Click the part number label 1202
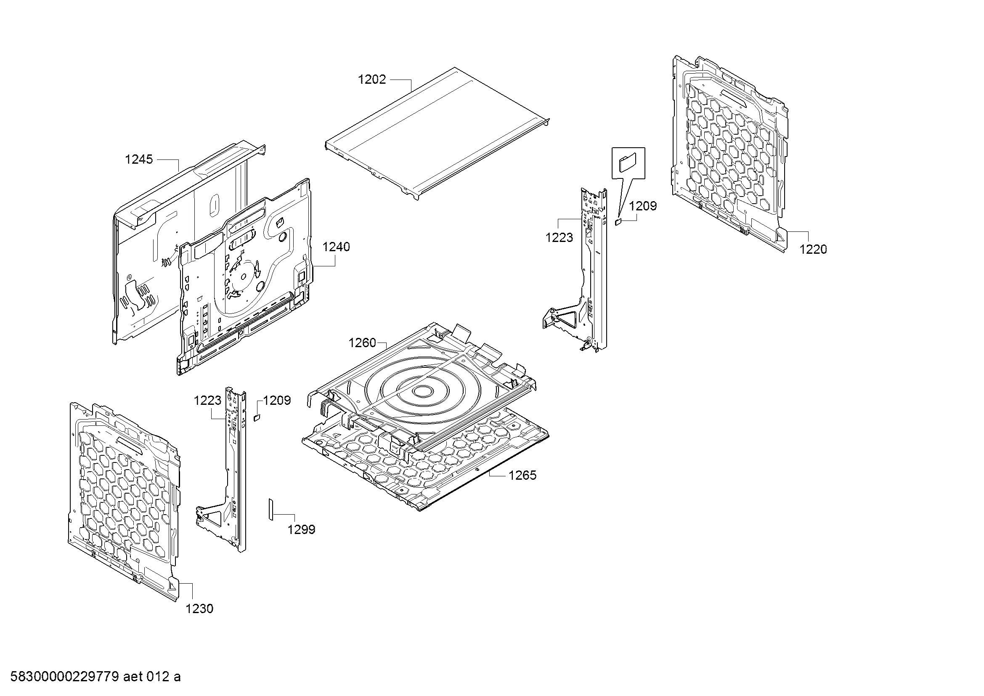tap(372, 80)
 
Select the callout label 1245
tap(139, 159)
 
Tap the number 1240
tap(336, 247)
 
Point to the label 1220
tap(813, 250)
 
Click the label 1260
tap(362, 343)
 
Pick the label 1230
tap(199, 608)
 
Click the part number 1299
tap(301, 530)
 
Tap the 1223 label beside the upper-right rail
tap(559, 237)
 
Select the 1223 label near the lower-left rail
tap(207, 401)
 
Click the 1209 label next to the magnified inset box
tap(643, 206)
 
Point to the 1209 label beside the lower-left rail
tap(277, 401)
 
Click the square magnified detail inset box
tap(628, 163)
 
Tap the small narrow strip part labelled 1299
tap(271, 509)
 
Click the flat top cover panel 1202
tap(437, 133)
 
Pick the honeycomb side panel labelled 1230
tap(125, 502)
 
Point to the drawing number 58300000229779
tap(64, 677)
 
